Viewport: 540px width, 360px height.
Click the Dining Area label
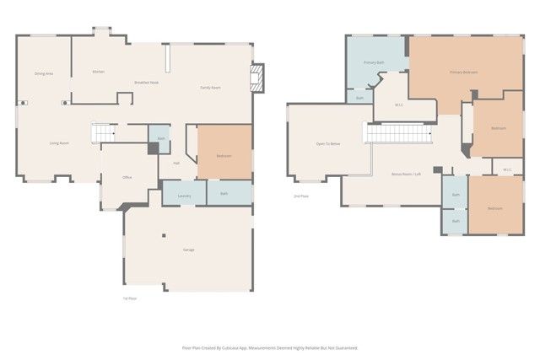click(45, 74)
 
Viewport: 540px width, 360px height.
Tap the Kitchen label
click(98, 72)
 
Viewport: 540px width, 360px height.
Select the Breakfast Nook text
click(147, 82)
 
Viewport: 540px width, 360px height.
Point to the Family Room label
click(210, 88)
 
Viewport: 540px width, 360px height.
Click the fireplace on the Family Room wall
click(258, 78)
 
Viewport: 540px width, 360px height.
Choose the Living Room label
click(58, 143)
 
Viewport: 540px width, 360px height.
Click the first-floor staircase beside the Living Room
click(102, 133)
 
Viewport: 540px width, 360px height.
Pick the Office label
click(127, 177)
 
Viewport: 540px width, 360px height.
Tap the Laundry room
click(184, 196)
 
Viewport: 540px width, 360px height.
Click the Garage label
click(188, 250)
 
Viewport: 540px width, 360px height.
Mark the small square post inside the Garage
click(165, 235)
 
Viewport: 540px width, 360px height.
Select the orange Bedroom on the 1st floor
click(224, 155)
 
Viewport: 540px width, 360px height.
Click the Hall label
click(176, 163)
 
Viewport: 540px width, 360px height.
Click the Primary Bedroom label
click(463, 73)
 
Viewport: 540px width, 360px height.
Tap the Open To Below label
click(328, 144)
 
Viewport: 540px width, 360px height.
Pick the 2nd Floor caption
click(300, 196)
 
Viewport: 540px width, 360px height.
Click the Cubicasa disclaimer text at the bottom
click(270, 347)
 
